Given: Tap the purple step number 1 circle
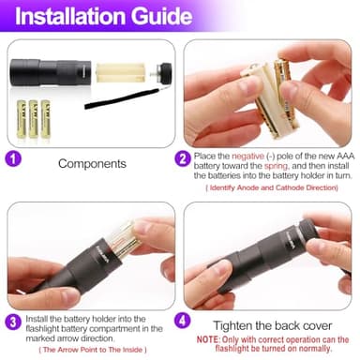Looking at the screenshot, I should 13,158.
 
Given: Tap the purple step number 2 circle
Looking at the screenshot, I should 183,158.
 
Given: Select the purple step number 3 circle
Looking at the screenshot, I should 13,322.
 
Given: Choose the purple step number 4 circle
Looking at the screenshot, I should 185,319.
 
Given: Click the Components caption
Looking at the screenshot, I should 92,163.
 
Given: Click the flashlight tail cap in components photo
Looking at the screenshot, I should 165,71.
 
